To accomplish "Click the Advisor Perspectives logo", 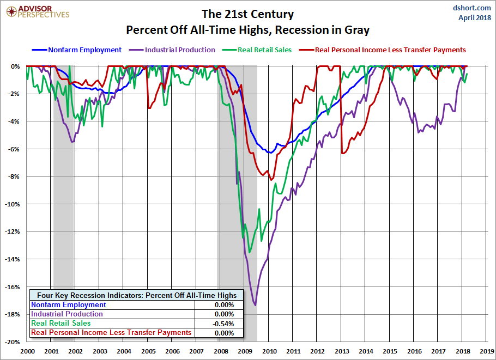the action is click(38, 12).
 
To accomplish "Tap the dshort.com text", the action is click(471, 8).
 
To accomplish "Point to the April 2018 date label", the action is click(475, 17).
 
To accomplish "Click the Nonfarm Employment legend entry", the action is click(76, 50).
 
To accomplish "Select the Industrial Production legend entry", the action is click(172, 50).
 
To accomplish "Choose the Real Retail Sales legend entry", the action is click(257, 50).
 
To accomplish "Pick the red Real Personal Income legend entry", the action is click(383, 50).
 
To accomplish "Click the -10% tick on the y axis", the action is click(13, 204).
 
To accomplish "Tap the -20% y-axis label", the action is click(13, 342).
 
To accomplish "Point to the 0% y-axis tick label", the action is click(15, 66).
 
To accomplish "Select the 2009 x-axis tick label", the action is click(245, 351).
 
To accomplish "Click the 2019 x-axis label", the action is click(487, 351).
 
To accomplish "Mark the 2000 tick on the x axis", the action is click(27, 351).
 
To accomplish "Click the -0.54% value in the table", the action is click(223, 324).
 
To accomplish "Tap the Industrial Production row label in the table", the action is click(66, 314).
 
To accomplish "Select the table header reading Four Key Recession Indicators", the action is click(137, 295).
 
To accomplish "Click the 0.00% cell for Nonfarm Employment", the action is click(224, 304).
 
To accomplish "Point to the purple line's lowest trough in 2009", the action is click(255, 305).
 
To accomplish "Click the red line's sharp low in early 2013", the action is click(343, 153).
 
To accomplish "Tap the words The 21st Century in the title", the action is click(247, 14).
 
